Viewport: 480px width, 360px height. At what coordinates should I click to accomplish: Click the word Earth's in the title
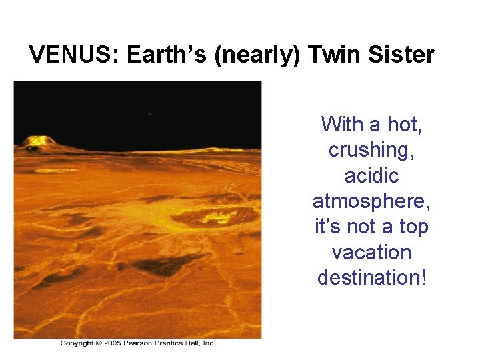click(167, 55)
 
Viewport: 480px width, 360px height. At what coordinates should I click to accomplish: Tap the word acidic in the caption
click(372, 176)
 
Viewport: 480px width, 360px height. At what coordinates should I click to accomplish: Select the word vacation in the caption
click(372, 252)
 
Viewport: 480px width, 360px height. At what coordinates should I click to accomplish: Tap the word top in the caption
click(413, 227)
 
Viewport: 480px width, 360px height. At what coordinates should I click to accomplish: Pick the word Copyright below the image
click(77, 343)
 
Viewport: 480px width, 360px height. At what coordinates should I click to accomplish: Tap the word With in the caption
click(343, 125)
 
